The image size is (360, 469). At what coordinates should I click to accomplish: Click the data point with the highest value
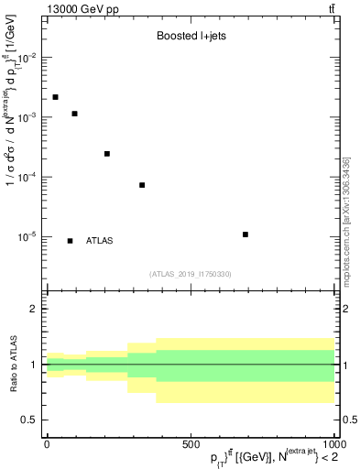click(x=56, y=97)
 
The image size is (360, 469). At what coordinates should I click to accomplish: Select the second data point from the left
click(x=74, y=114)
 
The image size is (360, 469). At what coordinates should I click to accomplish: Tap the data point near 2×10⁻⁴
click(x=107, y=154)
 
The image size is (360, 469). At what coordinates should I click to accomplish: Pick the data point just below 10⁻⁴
click(x=142, y=185)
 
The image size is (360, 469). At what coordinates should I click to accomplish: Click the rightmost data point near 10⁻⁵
click(x=245, y=234)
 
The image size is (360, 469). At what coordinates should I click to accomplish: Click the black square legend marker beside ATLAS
click(x=71, y=241)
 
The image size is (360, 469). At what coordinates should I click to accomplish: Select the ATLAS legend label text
click(x=100, y=241)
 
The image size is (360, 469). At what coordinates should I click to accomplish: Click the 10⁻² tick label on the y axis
click(x=27, y=58)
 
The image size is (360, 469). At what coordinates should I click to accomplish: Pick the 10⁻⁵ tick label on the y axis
click(x=27, y=236)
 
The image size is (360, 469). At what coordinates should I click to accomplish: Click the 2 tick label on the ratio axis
click(x=35, y=309)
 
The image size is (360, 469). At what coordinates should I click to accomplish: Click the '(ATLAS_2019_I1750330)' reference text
click(x=191, y=274)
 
